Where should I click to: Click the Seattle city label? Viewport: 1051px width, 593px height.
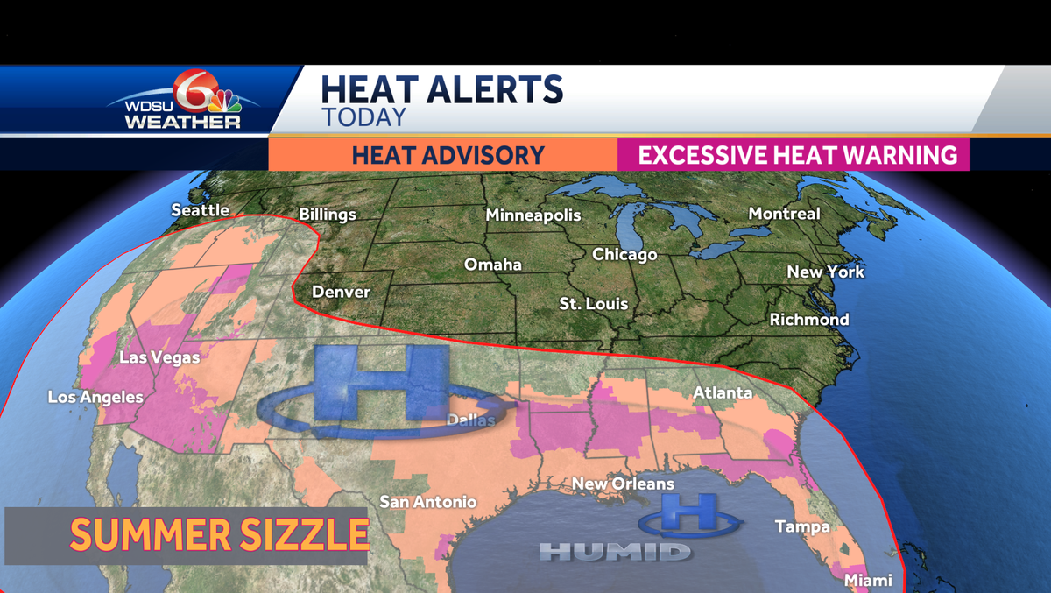200,210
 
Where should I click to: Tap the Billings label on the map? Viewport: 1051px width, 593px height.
328,215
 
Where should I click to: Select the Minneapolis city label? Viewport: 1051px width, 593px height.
533,215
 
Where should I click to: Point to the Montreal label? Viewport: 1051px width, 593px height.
784,214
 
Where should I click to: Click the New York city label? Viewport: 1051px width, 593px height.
825,272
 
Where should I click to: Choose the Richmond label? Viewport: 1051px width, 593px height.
808,320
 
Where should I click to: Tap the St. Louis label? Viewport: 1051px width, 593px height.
594,304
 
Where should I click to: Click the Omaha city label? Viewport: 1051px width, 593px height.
493,265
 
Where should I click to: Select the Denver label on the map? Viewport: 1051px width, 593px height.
341,292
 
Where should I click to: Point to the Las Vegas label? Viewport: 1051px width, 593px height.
159,357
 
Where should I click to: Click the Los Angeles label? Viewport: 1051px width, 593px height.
95,398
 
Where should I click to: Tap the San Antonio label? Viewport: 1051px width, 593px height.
428,502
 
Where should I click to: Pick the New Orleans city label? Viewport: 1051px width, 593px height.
623,484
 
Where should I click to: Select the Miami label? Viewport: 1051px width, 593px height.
868,580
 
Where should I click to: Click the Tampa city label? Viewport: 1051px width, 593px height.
801,526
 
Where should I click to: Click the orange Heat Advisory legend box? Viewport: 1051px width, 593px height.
443,155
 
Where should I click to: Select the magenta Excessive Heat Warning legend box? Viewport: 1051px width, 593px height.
794,155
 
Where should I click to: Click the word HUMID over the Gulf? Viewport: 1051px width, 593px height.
615,552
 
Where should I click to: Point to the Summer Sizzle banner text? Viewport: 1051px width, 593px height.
218,534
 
